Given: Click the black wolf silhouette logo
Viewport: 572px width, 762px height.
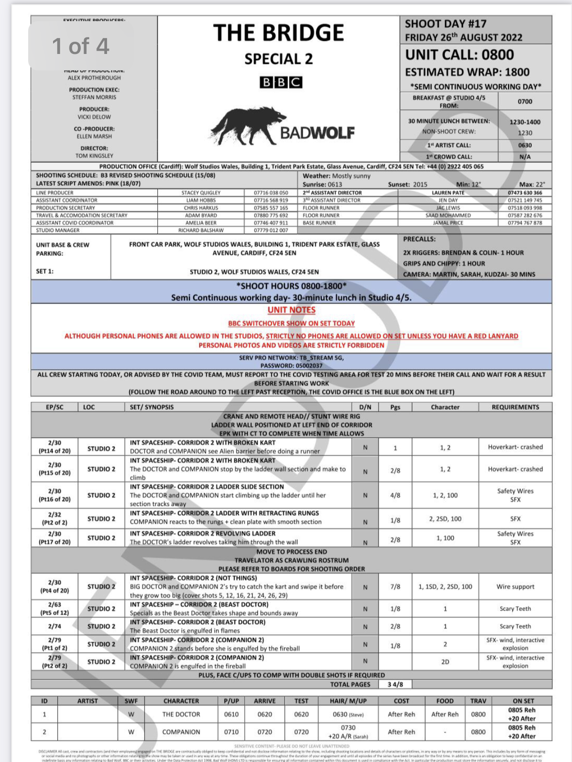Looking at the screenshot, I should point(247,125).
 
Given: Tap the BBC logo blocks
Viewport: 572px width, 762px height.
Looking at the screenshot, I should point(280,83).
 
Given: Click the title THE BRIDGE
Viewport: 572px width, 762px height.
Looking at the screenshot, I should point(278,33).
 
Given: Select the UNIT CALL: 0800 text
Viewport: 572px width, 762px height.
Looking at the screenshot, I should point(459,55).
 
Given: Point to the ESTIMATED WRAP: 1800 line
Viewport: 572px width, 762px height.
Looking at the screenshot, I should point(467,72).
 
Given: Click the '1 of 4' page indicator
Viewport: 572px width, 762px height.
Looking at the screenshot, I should point(80,46).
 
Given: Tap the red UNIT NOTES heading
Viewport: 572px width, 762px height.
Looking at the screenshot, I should point(291,310).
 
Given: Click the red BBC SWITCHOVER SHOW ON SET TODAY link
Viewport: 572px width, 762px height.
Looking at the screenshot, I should point(291,324).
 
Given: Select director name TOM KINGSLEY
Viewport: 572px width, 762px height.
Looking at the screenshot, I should point(94,156).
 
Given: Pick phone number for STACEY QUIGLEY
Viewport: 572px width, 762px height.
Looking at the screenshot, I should point(271,193).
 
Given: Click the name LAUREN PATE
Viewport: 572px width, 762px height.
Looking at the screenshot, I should point(448,193).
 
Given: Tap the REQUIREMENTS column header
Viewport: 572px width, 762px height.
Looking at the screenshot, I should point(515,407).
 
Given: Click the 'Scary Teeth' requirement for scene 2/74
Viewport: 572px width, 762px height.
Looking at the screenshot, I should point(515,626).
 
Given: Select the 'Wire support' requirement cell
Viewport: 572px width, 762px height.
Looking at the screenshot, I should point(515,587).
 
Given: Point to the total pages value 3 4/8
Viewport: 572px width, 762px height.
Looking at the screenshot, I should point(395,684).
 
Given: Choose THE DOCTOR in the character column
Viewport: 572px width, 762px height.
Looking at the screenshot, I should point(181,714).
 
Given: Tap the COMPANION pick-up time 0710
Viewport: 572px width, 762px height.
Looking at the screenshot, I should point(231,732).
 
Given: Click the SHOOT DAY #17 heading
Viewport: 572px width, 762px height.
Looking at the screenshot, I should point(445,24).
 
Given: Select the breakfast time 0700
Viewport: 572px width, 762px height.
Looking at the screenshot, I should point(525,101).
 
